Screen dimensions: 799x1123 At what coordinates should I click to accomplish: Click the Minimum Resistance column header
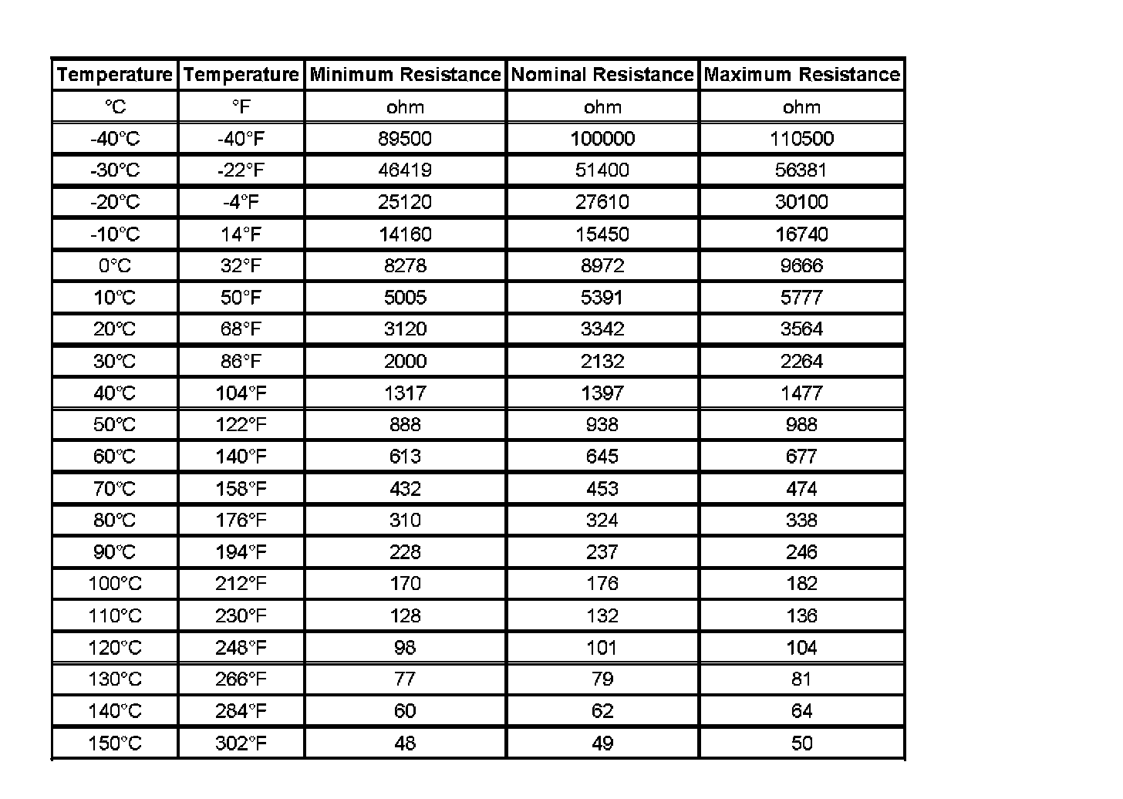[x=405, y=75]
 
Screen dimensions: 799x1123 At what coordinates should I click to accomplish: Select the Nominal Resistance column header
[x=602, y=75]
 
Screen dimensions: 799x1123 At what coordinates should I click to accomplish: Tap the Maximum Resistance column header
[x=801, y=75]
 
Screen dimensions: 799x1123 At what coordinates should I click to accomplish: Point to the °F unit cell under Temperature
[x=241, y=107]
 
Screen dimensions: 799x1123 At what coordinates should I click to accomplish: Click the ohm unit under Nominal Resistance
[x=602, y=107]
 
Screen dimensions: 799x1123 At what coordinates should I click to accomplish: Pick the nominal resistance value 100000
[x=602, y=139]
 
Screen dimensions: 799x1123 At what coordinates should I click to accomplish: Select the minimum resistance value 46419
[x=405, y=170]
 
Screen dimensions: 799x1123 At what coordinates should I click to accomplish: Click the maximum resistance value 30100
[x=801, y=202]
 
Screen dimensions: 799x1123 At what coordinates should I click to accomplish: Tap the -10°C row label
[x=115, y=234]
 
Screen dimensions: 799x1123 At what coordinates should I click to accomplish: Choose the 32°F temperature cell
[x=241, y=266]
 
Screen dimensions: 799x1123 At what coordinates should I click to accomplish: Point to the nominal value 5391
[x=602, y=298]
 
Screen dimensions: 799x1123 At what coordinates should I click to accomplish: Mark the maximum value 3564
[x=801, y=329]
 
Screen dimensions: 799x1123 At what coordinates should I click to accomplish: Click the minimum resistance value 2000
[x=405, y=362]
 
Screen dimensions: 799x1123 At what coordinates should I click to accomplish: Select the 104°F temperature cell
[x=241, y=393]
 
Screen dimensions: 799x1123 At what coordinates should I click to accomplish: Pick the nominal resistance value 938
[x=602, y=425]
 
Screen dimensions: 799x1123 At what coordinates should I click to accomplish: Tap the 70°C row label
[x=115, y=489]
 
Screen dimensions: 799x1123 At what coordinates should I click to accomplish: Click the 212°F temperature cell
[x=241, y=584]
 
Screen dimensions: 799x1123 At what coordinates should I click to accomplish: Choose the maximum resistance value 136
[x=801, y=616]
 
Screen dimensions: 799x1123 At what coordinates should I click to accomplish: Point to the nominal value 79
[x=602, y=679]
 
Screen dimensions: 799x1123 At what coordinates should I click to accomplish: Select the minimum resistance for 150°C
[x=405, y=743]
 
